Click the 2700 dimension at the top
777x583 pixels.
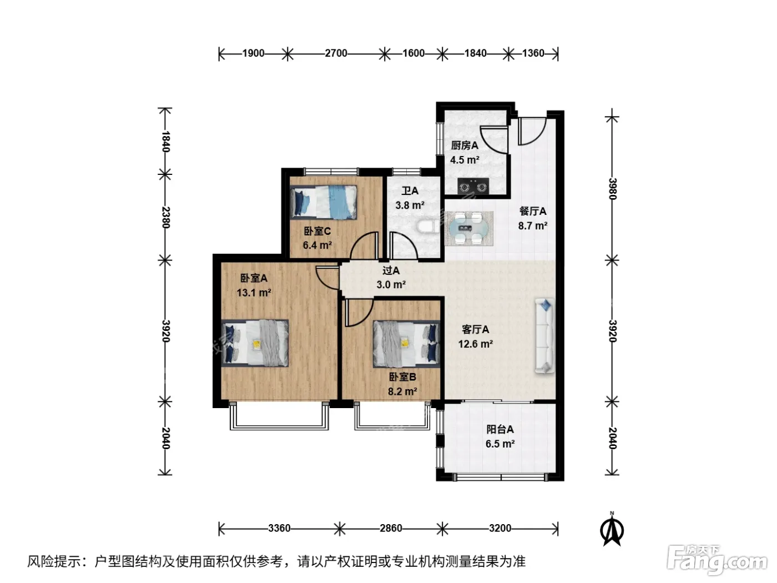click(x=336, y=53)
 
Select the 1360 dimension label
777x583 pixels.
click(x=533, y=53)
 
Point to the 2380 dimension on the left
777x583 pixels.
click(x=165, y=217)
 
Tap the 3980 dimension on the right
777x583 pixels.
click(x=613, y=189)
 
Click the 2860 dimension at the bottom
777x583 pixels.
click(x=391, y=529)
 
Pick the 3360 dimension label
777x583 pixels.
click(x=279, y=529)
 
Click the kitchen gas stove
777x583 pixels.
click(x=473, y=186)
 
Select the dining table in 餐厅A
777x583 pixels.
click(x=469, y=229)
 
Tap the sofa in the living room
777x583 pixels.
click(x=545, y=335)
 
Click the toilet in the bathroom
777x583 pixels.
click(x=428, y=227)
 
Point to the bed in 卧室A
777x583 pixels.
click(x=255, y=343)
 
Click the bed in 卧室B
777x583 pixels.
click(x=406, y=344)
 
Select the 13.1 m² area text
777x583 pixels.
click(x=254, y=293)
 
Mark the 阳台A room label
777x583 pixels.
click(x=500, y=429)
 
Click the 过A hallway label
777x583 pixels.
click(x=391, y=271)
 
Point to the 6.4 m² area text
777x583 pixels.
click(x=317, y=245)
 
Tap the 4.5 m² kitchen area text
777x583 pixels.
click(x=465, y=160)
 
